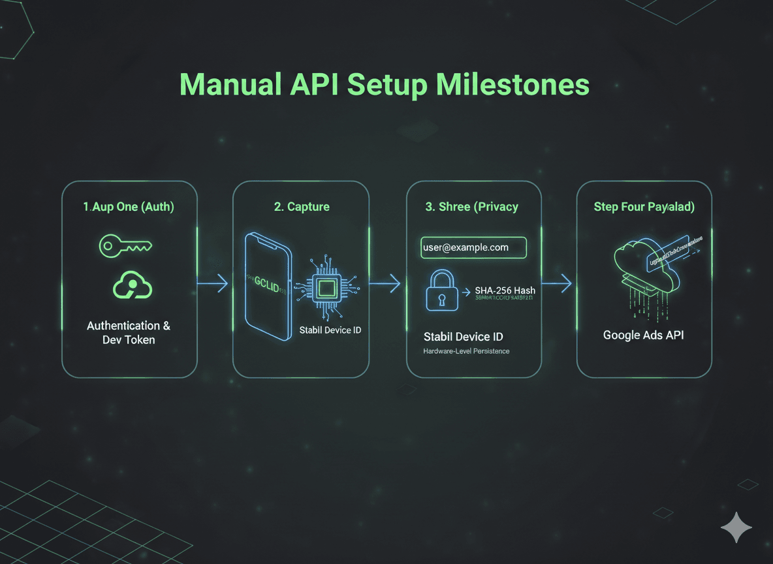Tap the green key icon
pyautogui.click(x=125, y=246)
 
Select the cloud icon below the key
pyautogui.click(x=133, y=285)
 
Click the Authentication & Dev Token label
pyautogui.click(x=129, y=332)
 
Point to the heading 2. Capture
pyautogui.click(x=301, y=207)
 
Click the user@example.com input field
pyautogui.click(x=473, y=247)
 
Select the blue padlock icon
pyautogui.click(x=441, y=291)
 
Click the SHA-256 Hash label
pyautogui.click(x=505, y=290)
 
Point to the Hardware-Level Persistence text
pyautogui.click(x=466, y=351)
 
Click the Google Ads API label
pyautogui.click(x=644, y=335)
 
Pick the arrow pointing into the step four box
pyautogui.click(x=558, y=283)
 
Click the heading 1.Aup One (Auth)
pyautogui.click(x=129, y=207)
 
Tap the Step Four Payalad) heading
pyautogui.click(x=644, y=207)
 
